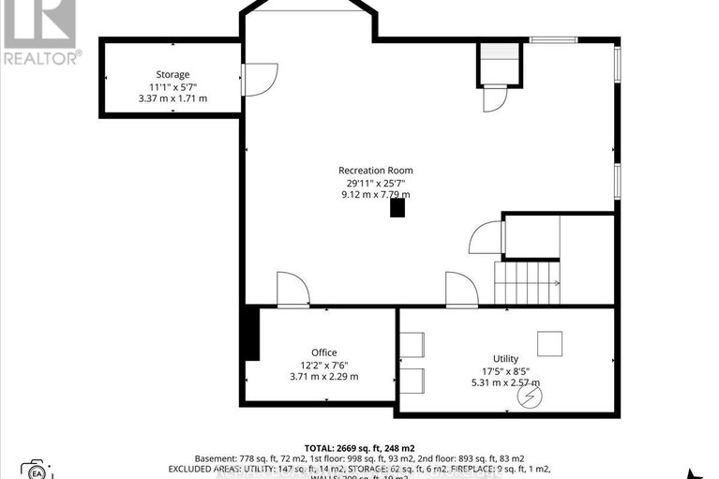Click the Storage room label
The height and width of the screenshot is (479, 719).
172,74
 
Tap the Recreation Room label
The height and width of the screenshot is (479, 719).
375,171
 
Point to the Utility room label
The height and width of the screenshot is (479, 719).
505,359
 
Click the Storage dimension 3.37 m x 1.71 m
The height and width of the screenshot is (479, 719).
172,98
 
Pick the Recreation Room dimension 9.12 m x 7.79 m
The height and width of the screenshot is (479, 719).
375,195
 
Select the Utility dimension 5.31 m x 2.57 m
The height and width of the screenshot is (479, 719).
505,382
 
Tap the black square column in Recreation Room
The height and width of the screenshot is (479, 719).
399,208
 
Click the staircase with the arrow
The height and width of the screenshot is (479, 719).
527,282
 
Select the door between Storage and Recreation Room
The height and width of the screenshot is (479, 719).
259,79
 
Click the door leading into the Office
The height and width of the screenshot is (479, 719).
292,290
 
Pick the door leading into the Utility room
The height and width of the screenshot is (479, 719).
461,290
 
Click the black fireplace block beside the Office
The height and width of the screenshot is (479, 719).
250,333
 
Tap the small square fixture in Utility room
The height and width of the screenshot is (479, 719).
548,340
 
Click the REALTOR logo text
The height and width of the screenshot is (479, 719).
41,57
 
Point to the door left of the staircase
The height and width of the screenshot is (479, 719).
486,237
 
